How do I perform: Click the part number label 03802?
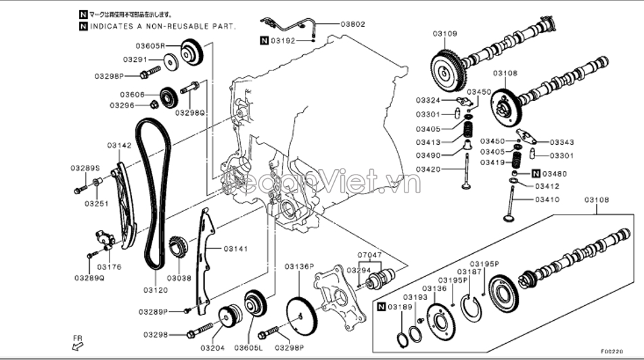tap(352, 24)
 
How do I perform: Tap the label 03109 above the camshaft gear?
tap(444, 33)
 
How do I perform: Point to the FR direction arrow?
tap(78, 344)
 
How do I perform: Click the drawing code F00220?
tap(612, 351)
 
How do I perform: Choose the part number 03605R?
tap(150, 46)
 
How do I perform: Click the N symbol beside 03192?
tap(264, 41)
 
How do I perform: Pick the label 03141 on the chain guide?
tap(235, 249)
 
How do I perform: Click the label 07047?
tap(370, 256)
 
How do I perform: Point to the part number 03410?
tap(547, 199)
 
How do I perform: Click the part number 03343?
tap(561, 142)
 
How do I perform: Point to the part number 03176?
tap(110, 267)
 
